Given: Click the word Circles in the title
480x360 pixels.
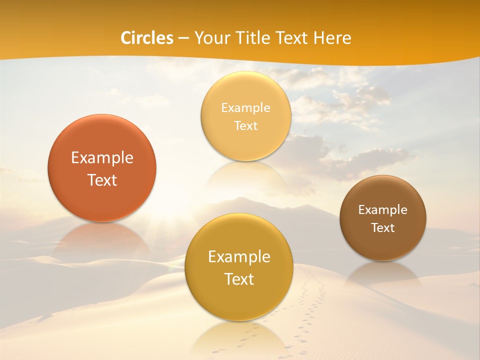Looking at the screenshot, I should [147, 38].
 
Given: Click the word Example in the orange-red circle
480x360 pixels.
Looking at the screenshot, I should [102, 158].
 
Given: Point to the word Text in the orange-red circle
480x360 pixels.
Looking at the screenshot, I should [102, 180].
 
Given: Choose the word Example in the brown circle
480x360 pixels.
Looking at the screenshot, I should [382, 210].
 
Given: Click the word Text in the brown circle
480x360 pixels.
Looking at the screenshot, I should [382, 228].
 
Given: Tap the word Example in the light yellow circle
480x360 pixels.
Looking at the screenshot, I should [245, 108].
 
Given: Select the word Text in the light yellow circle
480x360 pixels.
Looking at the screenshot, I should [245, 126].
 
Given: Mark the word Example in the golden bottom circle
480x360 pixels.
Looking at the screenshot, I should [239, 257].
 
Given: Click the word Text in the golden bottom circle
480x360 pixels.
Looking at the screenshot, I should [239, 279].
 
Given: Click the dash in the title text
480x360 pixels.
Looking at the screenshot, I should [183, 38].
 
